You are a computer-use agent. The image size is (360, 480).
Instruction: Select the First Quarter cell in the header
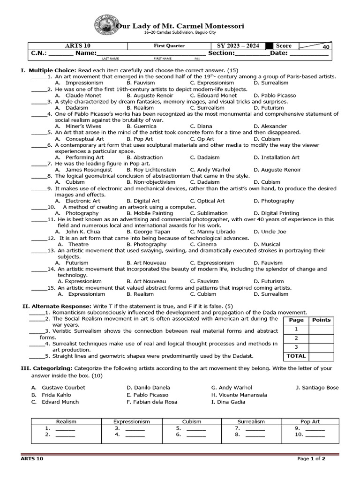[x=169, y=46]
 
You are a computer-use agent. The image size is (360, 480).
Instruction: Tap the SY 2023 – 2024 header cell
[x=237, y=46]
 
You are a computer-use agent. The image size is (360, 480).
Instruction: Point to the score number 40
[x=326, y=47]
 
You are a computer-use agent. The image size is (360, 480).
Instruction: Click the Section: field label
[x=221, y=53]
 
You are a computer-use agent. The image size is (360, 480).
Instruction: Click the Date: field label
[x=280, y=53]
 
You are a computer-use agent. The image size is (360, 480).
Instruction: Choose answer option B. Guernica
[x=142, y=126]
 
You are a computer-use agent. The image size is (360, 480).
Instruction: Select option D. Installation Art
[x=276, y=157]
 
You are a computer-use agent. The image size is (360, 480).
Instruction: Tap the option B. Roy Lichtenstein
[x=151, y=170]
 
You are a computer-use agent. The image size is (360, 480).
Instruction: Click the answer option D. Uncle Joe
[x=270, y=232]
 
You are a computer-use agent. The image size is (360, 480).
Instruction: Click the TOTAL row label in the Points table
[x=296, y=356]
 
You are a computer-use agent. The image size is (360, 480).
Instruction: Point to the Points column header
[x=321, y=320]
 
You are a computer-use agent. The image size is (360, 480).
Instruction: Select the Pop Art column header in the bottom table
[x=310, y=421]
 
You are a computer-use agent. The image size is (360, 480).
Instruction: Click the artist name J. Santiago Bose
[x=317, y=388]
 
